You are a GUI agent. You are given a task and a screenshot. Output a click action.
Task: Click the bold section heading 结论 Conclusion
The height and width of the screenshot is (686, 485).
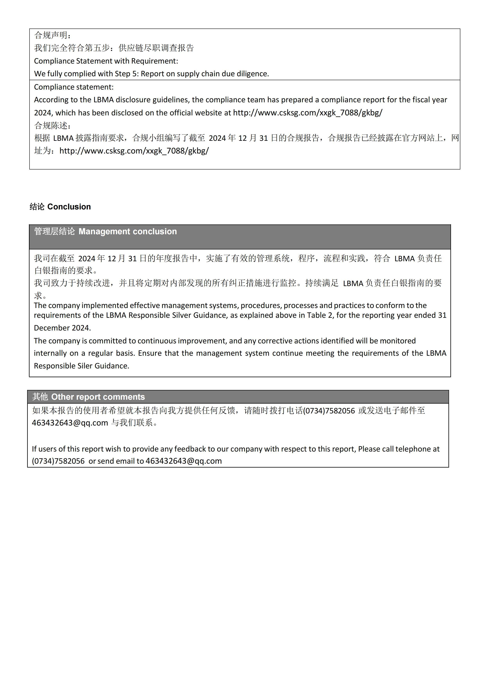pyautogui.click(x=60, y=207)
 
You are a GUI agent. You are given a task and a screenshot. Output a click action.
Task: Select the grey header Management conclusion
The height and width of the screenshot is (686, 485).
pyautogui.click(x=105, y=232)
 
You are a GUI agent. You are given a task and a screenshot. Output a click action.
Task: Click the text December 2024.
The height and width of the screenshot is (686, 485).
pyautogui.click(x=62, y=328)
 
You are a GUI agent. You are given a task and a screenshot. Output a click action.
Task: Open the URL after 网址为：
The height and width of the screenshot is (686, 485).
pyautogui.click(x=134, y=151)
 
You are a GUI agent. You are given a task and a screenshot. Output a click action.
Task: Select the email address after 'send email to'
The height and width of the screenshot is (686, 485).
pyautogui.click(x=184, y=461)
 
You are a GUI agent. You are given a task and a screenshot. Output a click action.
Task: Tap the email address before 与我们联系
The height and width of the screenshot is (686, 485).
pyautogui.click(x=70, y=423)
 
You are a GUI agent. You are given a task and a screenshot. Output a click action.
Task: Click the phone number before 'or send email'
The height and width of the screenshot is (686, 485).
pyautogui.click(x=58, y=461)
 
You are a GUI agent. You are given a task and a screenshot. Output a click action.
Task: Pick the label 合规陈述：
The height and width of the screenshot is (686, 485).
pyautogui.click(x=53, y=126)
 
